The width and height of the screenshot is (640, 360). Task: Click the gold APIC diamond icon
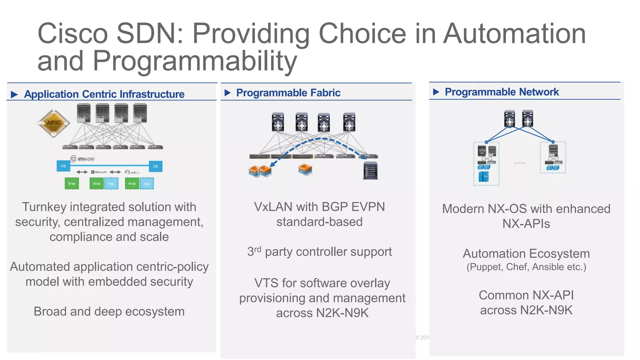click(x=53, y=123)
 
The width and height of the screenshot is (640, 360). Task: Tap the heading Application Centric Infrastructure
click(x=104, y=94)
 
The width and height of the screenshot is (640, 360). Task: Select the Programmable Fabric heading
click(x=288, y=93)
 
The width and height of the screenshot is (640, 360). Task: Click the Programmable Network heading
click(x=502, y=92)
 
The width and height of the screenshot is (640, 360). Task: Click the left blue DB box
click(x=63, y=166)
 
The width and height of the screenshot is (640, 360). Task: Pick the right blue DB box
click(x=156, y=166)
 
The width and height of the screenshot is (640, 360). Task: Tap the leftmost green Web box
click(x=72, y=183)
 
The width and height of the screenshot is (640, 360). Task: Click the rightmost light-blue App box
click(x=147, y=184)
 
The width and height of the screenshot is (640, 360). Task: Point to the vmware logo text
click(x=85, y=159)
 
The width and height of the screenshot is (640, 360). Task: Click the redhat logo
click(x=132, y=172)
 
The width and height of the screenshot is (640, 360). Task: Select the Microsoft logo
click(x=99, y=172)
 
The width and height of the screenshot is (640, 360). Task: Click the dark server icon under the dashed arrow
click(x=370, y=171)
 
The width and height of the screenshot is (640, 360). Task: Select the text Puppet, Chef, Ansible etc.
click(x=526, y=267)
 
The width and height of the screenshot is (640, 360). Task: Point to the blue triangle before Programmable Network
click(x=436, y=92)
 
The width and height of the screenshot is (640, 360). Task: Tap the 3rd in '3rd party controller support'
click(x=254, y=252)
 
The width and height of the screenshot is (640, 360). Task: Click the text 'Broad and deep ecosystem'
click(x=109, y=312)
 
